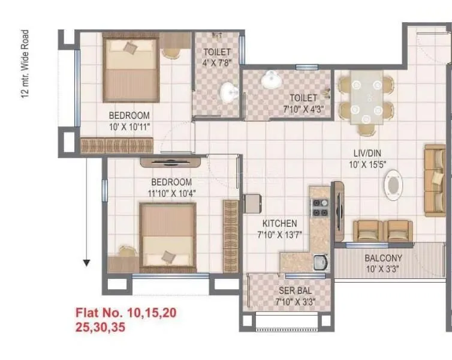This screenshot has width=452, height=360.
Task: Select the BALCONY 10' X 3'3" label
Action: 383,264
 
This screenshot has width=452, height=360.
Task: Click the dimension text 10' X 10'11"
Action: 129,127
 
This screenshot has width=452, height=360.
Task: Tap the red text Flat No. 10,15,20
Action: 126,313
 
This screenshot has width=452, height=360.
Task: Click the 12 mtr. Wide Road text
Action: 25,64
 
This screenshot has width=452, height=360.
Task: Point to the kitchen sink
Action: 321,262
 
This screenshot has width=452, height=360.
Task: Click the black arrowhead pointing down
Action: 87,262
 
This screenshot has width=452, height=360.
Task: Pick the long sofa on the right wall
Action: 435,180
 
